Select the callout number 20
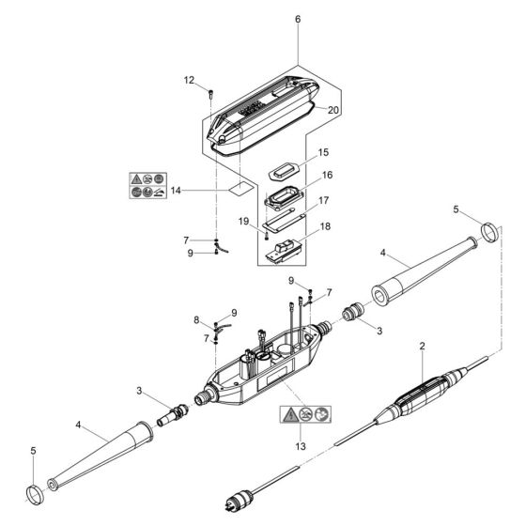333,110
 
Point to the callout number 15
322,151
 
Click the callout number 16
328,176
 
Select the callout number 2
423,348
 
